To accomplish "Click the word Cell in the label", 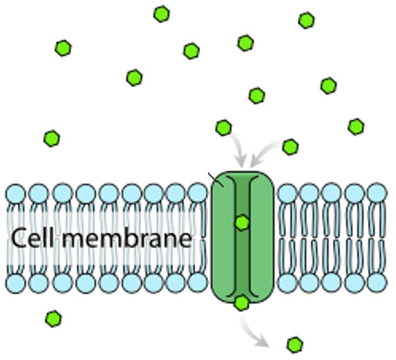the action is click(32, 237).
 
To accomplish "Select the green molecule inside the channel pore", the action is click(242, 223).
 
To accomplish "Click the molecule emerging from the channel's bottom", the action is click(242, 303).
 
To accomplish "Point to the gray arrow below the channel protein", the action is click(252, 333).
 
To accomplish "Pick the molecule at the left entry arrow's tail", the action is click(224, 127).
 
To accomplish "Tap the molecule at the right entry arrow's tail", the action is click(290, 147).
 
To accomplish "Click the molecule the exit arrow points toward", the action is click(295, 345).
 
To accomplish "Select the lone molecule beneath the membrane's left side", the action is click(53, 319).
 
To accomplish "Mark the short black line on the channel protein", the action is click(216, 180).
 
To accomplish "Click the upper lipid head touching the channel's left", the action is click(198, 193).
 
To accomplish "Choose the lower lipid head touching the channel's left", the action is click(198, 282).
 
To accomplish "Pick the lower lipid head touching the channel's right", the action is click(287, 283).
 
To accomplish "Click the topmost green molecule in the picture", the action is click(162, 14).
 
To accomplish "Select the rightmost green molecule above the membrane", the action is click(356, 127).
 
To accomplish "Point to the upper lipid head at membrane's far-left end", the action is click(16, 194).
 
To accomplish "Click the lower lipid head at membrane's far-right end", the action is click(377, 282).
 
